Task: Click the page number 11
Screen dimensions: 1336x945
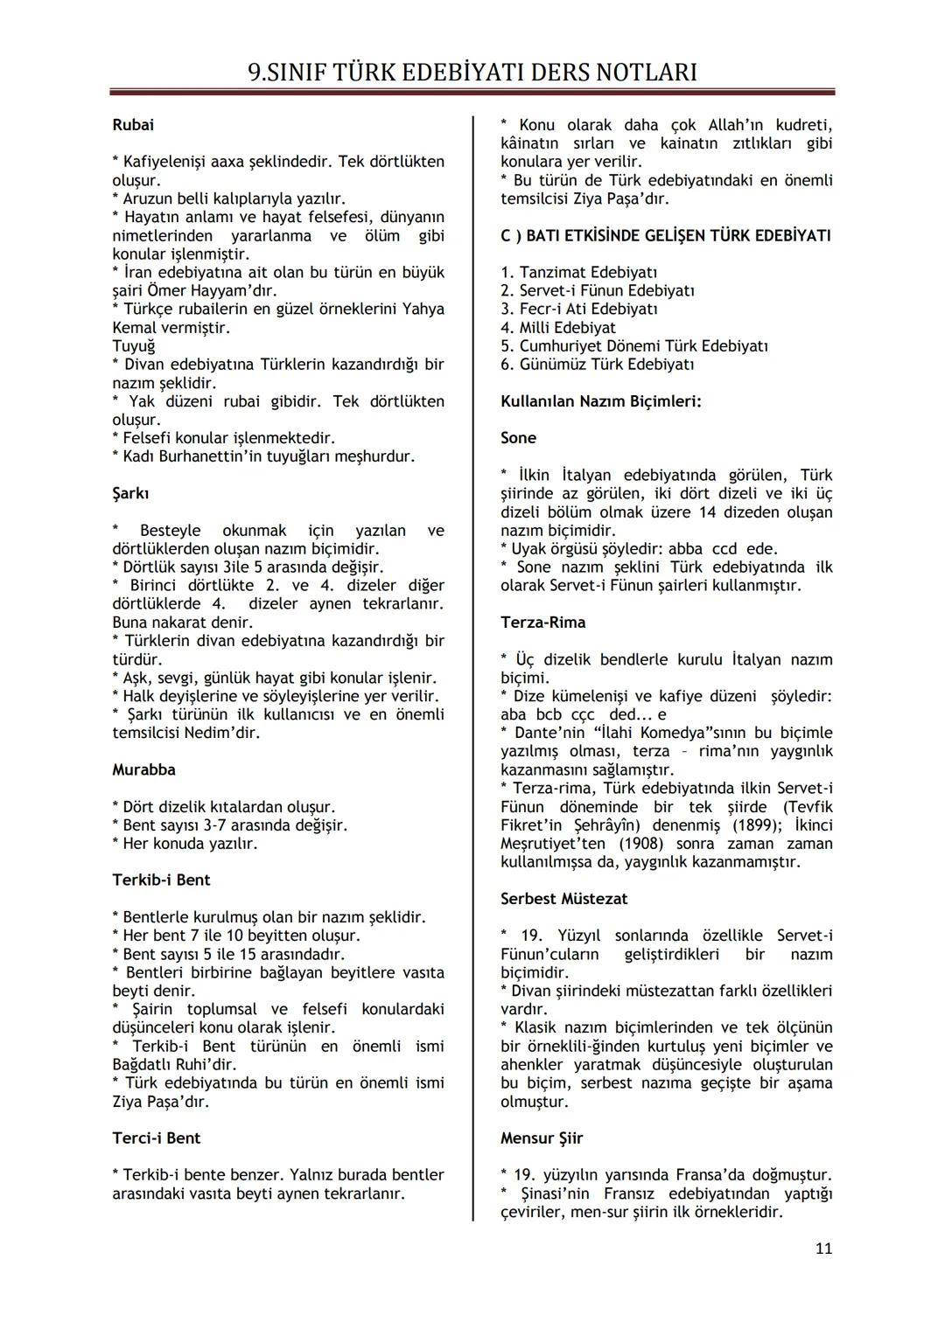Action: click(823, 1249)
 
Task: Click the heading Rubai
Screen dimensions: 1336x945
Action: click(133, 125)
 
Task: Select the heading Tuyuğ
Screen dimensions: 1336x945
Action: click(133, 346)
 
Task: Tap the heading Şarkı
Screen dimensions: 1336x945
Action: click(130, 493)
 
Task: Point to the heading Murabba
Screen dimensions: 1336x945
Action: click(143, 769)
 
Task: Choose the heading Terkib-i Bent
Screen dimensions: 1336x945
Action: click(161, 880)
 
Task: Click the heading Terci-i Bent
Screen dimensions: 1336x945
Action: click(157, 1138)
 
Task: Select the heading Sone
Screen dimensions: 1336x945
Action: click(518, 438)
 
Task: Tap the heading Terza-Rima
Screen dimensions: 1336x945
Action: click(542, 623)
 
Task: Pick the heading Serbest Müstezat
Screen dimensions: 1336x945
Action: click(563, 899)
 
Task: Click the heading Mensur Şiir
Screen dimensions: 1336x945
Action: click(542, 1138)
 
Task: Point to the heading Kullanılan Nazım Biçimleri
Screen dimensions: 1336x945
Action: click(600, 401)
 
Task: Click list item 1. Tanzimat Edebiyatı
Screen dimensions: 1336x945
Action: click(579, 272)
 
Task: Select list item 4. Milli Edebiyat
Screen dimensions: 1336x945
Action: click(558, 328)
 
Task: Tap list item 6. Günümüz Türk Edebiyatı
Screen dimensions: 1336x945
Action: click(597, 365)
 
